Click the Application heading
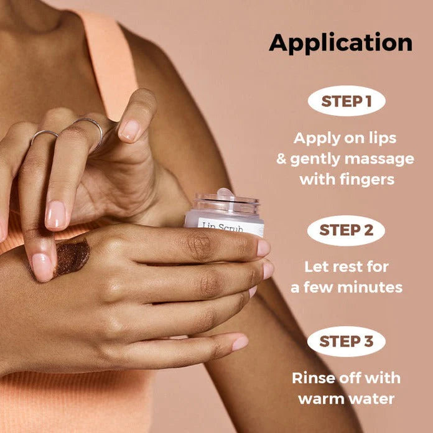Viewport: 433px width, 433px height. coord(340,43)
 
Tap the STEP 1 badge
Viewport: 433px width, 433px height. coord(347,101)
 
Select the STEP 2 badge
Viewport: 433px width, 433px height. coord(347,231)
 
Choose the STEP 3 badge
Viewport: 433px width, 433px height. coord(347,342)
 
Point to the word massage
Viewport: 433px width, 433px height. coord(379,159)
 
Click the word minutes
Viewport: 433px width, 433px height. coord(370,287)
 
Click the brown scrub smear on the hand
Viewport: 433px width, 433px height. coord(72,258)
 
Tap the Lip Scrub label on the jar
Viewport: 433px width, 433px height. coord(222,227)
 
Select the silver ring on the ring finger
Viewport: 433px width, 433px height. coord(44,134)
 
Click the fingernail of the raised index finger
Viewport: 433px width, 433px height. coord(129,131)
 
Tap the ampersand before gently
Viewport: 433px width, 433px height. coord(281,159)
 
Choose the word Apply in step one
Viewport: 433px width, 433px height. coord(317,139)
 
